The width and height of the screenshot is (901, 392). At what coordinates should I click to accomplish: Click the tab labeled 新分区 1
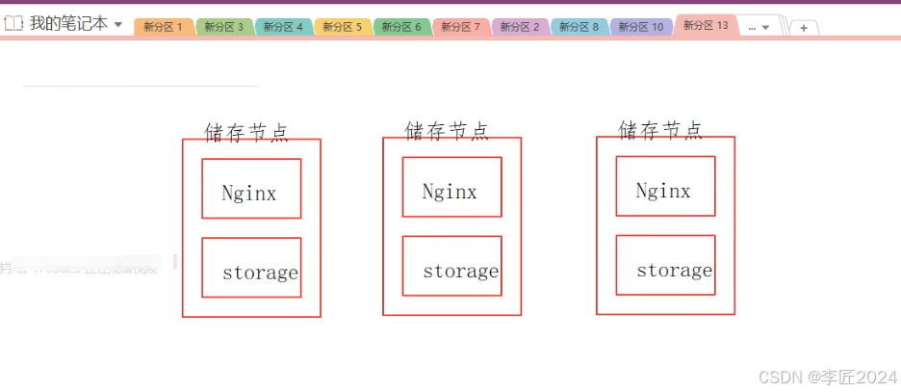tap(163, 27)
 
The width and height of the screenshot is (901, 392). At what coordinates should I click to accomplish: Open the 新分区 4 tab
tap(283, 27)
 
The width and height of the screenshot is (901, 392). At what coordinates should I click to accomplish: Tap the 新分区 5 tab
tap(342, 27)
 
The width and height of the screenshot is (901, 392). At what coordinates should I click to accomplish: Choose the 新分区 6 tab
tap(401, 27)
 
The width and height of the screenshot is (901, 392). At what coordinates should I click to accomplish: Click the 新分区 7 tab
tap(460, 27)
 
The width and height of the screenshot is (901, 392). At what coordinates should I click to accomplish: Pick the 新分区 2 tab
tap(520, 27)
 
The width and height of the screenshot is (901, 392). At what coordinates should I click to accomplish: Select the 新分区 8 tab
tap(579, 27)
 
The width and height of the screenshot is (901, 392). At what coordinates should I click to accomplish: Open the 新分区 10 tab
tap(640, 27)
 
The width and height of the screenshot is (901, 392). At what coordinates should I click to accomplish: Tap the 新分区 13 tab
tap(706, 25)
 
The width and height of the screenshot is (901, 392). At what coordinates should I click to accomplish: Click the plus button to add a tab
tap(804, 28)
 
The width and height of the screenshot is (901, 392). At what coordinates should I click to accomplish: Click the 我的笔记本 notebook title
tap(68, 24)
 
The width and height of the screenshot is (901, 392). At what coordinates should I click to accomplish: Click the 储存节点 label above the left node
tap(246, 132)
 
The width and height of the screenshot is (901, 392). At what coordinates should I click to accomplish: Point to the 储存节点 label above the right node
tap(660, 129)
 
